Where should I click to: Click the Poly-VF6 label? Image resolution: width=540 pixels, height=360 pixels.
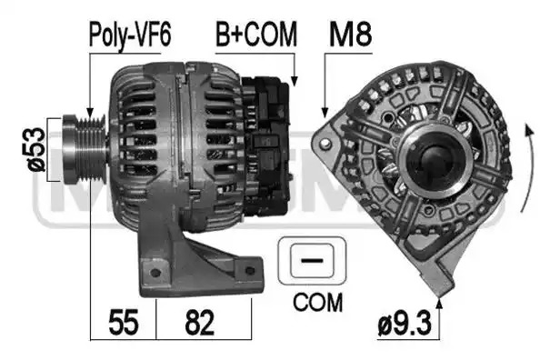click(130, 35)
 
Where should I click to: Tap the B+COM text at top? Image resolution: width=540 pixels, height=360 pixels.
click(256, 35)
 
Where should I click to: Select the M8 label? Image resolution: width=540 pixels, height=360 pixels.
click(350, 35)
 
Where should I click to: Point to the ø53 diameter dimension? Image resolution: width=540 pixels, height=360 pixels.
click(37, 149)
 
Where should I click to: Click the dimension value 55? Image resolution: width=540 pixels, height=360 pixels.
click(124, 323)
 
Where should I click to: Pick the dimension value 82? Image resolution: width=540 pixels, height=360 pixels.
click(200, 323)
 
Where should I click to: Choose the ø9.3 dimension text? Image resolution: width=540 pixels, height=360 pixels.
click(405, 323)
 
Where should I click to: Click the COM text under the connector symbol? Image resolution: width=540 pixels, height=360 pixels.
click(318, 302)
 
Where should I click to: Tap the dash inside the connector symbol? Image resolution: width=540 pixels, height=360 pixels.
click(312, 260)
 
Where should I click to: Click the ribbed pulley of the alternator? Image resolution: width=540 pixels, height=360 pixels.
click(85, 149)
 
